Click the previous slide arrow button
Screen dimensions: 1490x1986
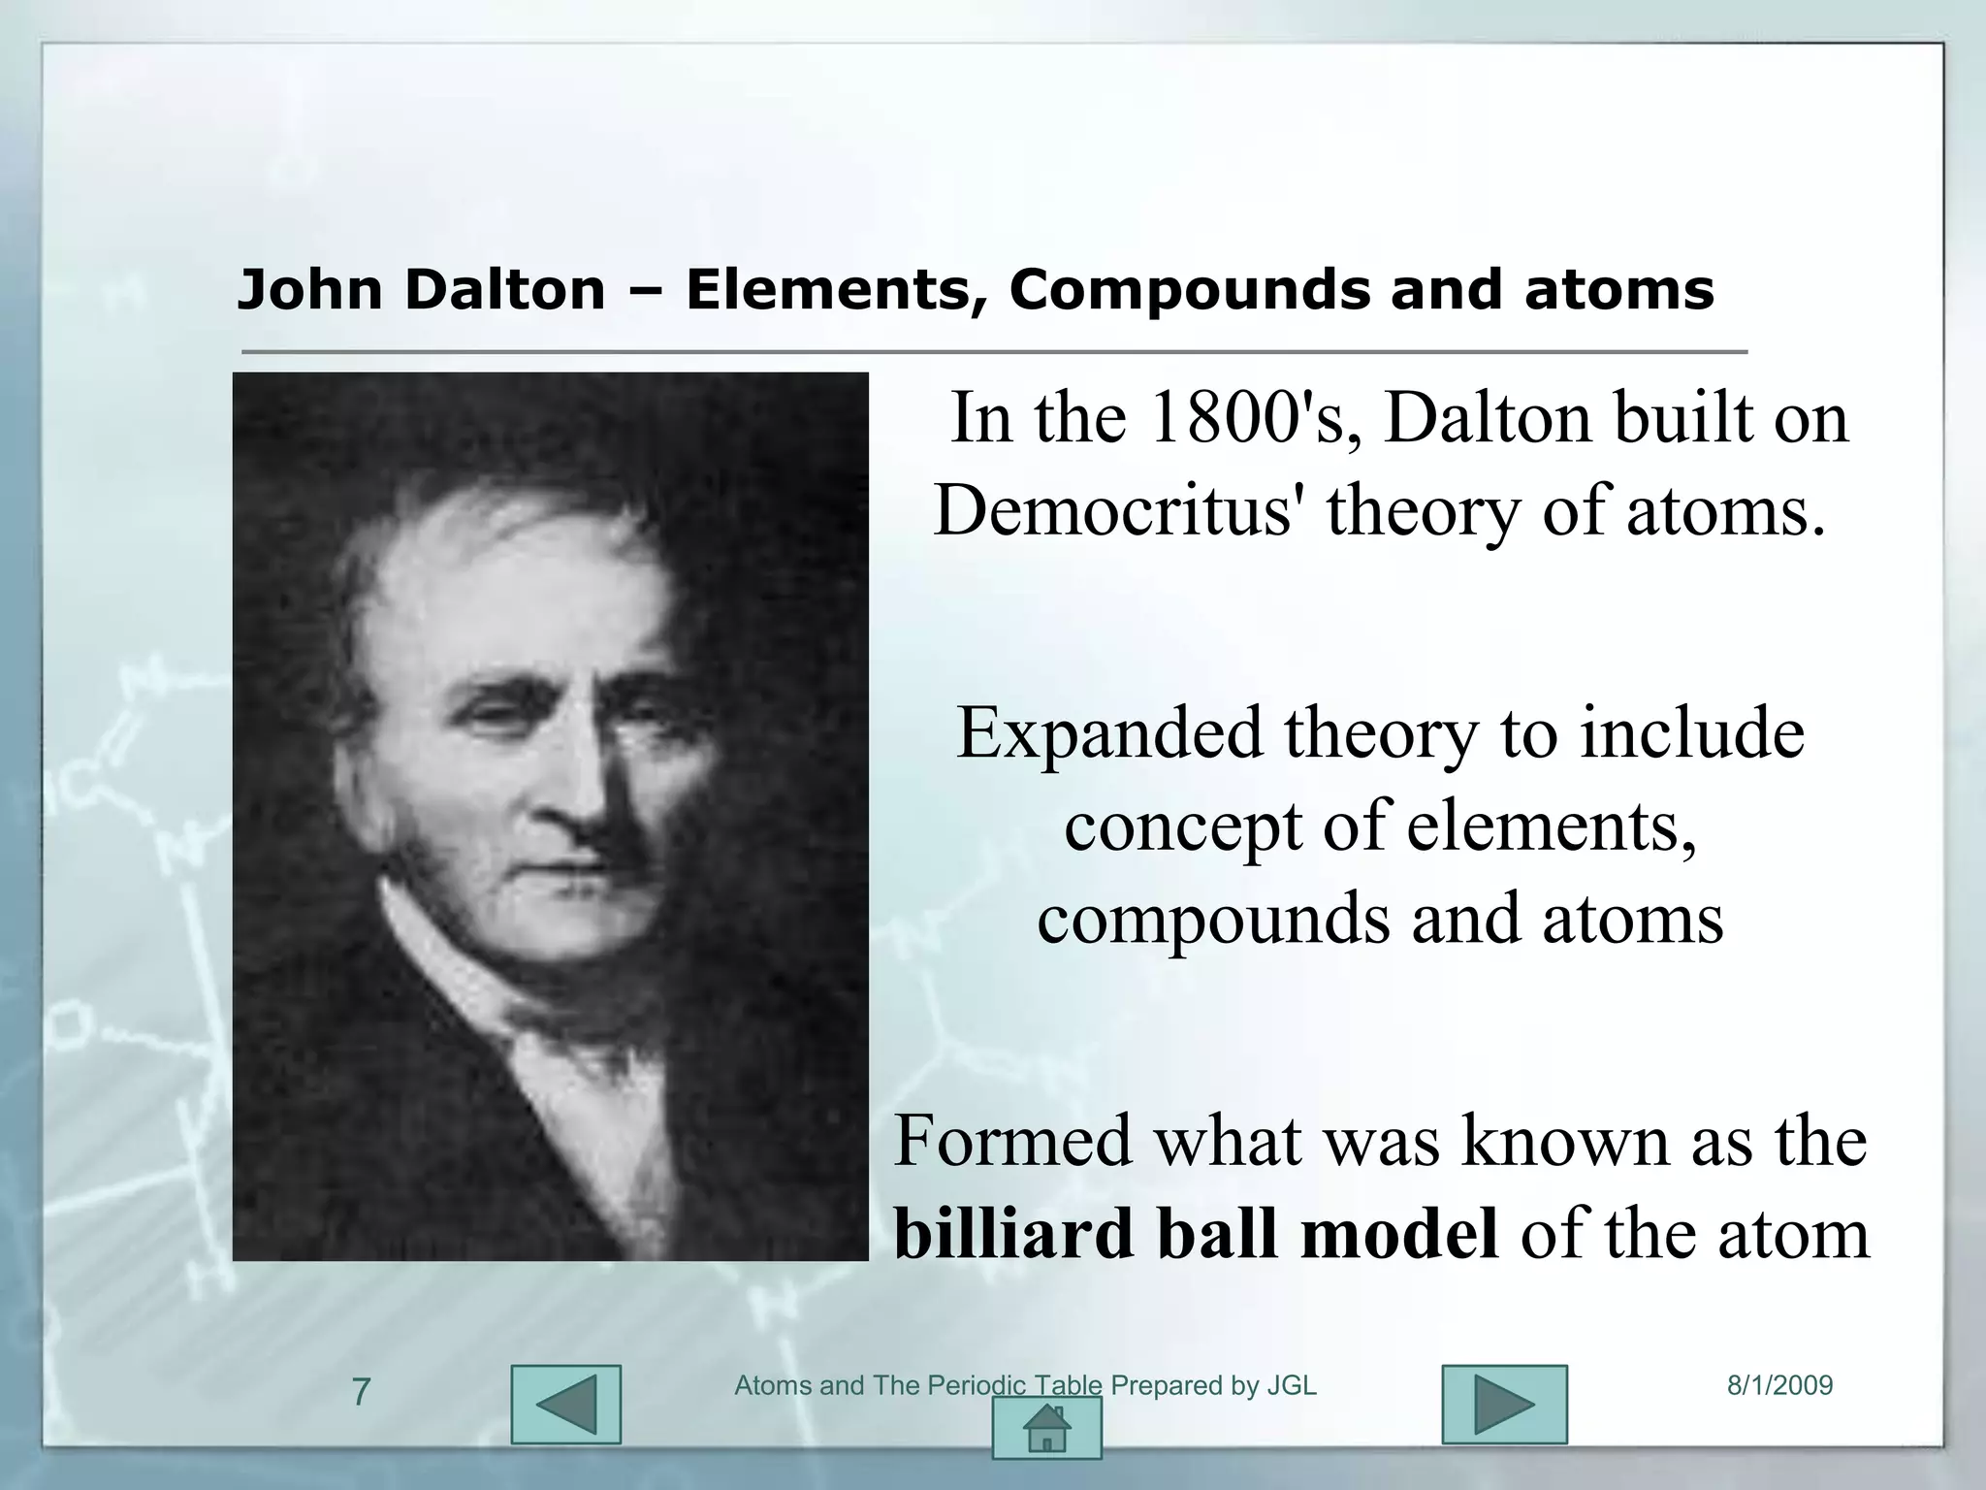coord(565,1405)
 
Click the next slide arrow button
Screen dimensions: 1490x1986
coord(1504,1405)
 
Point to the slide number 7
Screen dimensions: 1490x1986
coord(361,1392)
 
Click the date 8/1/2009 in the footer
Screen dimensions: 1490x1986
coord(1779,1385)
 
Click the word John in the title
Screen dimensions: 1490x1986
coord(309,289)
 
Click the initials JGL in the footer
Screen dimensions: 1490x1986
coord(1292,1385)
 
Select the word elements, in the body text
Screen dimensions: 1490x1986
coord(1551,826)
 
